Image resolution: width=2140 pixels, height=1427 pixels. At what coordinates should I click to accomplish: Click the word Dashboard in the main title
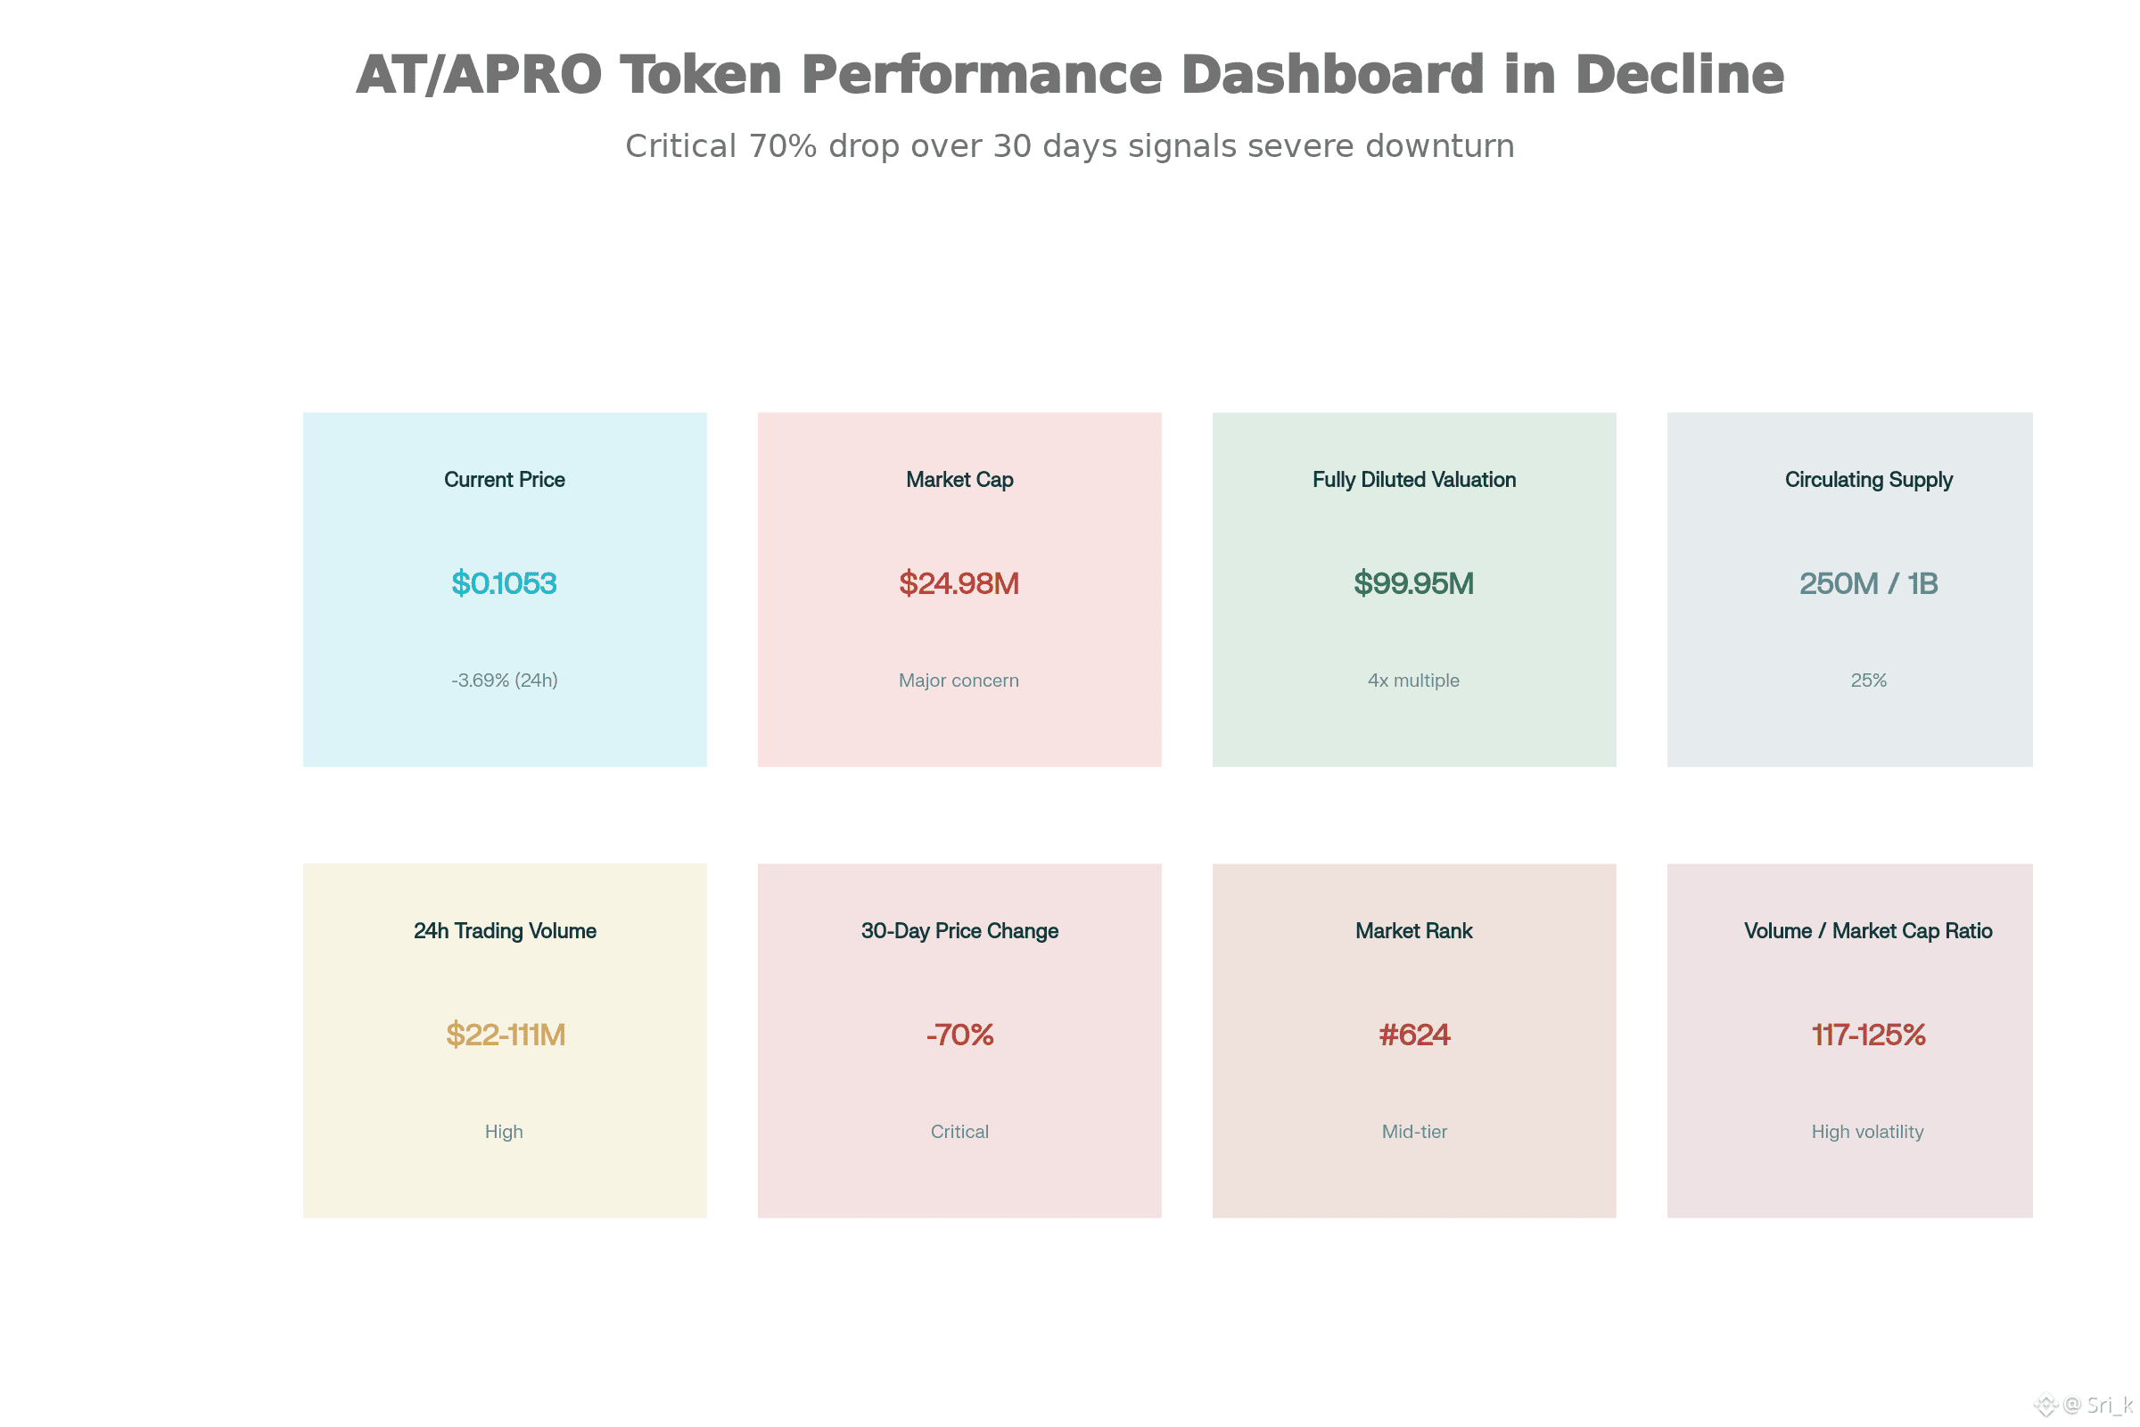(x=1333, y=74)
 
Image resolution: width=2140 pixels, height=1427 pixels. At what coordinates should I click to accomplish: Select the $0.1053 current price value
(x=504, y=582)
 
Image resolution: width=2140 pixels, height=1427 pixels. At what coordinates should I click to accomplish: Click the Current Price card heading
(x=504, y=480)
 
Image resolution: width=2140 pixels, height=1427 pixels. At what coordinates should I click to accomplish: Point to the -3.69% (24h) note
(x=504, y=680)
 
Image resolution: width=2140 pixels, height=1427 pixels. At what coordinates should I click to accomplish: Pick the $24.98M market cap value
(x=959, y=582)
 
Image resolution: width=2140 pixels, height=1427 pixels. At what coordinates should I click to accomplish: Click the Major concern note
(x=959, y=680)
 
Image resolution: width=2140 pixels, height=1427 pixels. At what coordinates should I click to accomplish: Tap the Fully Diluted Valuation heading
(x=1414, y=480)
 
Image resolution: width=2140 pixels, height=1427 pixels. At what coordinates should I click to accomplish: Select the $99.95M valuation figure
(x=1414, y=582)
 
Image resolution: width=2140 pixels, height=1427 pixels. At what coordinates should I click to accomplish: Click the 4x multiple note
(x=1414, y=680)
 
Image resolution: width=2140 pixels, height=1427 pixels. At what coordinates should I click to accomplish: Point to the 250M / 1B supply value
(x=1869, y=582)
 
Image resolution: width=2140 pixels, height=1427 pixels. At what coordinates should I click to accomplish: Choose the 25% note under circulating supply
(x=1869, y=680)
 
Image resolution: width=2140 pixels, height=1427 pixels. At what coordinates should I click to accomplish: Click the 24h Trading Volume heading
(x=505, y=931)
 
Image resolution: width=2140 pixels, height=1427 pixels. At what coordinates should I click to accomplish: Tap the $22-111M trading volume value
(x=506, y=1034)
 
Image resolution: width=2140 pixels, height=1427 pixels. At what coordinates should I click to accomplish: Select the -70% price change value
(x=960, y=1034)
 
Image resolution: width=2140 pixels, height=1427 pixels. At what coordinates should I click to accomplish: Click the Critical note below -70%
(x=960, y=1131)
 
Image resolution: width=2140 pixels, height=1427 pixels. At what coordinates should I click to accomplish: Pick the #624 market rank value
(x=1414, y=1034)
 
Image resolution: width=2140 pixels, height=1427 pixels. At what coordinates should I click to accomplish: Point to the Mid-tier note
(x=1414, y=1131)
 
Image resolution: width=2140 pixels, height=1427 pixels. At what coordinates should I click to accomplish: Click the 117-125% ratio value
(x=1869, y=1034)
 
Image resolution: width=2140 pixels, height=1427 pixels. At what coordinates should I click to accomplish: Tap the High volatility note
(x=1868, y=1131)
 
